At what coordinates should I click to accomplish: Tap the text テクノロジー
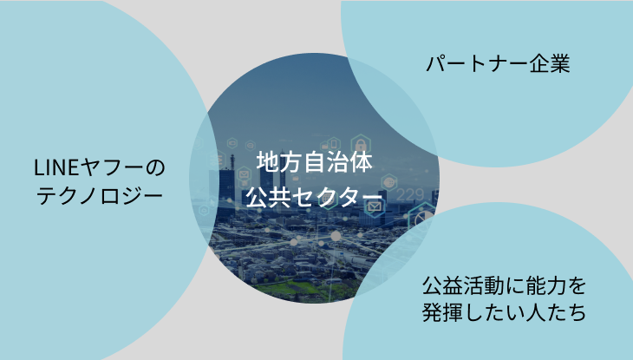click(100, 195)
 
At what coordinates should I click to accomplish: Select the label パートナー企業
click(498, 64)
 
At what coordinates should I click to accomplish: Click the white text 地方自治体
click(315, 162)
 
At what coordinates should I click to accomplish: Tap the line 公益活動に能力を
click(504, 286)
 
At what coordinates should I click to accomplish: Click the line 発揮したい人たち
click(504, 312)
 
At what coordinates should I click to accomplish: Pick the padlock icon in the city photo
click(361, 144)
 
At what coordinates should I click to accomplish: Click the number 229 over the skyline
click(410, 195)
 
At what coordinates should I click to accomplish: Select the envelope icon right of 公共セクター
click(375, 206)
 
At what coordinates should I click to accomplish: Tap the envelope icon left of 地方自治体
click(244, 175)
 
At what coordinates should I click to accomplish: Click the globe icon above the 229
click(389, 183)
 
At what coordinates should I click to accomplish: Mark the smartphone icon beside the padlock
click(334, 144)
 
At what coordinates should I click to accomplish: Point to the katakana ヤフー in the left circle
click(111, 167)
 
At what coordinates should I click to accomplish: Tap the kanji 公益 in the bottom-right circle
click(442, 286)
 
